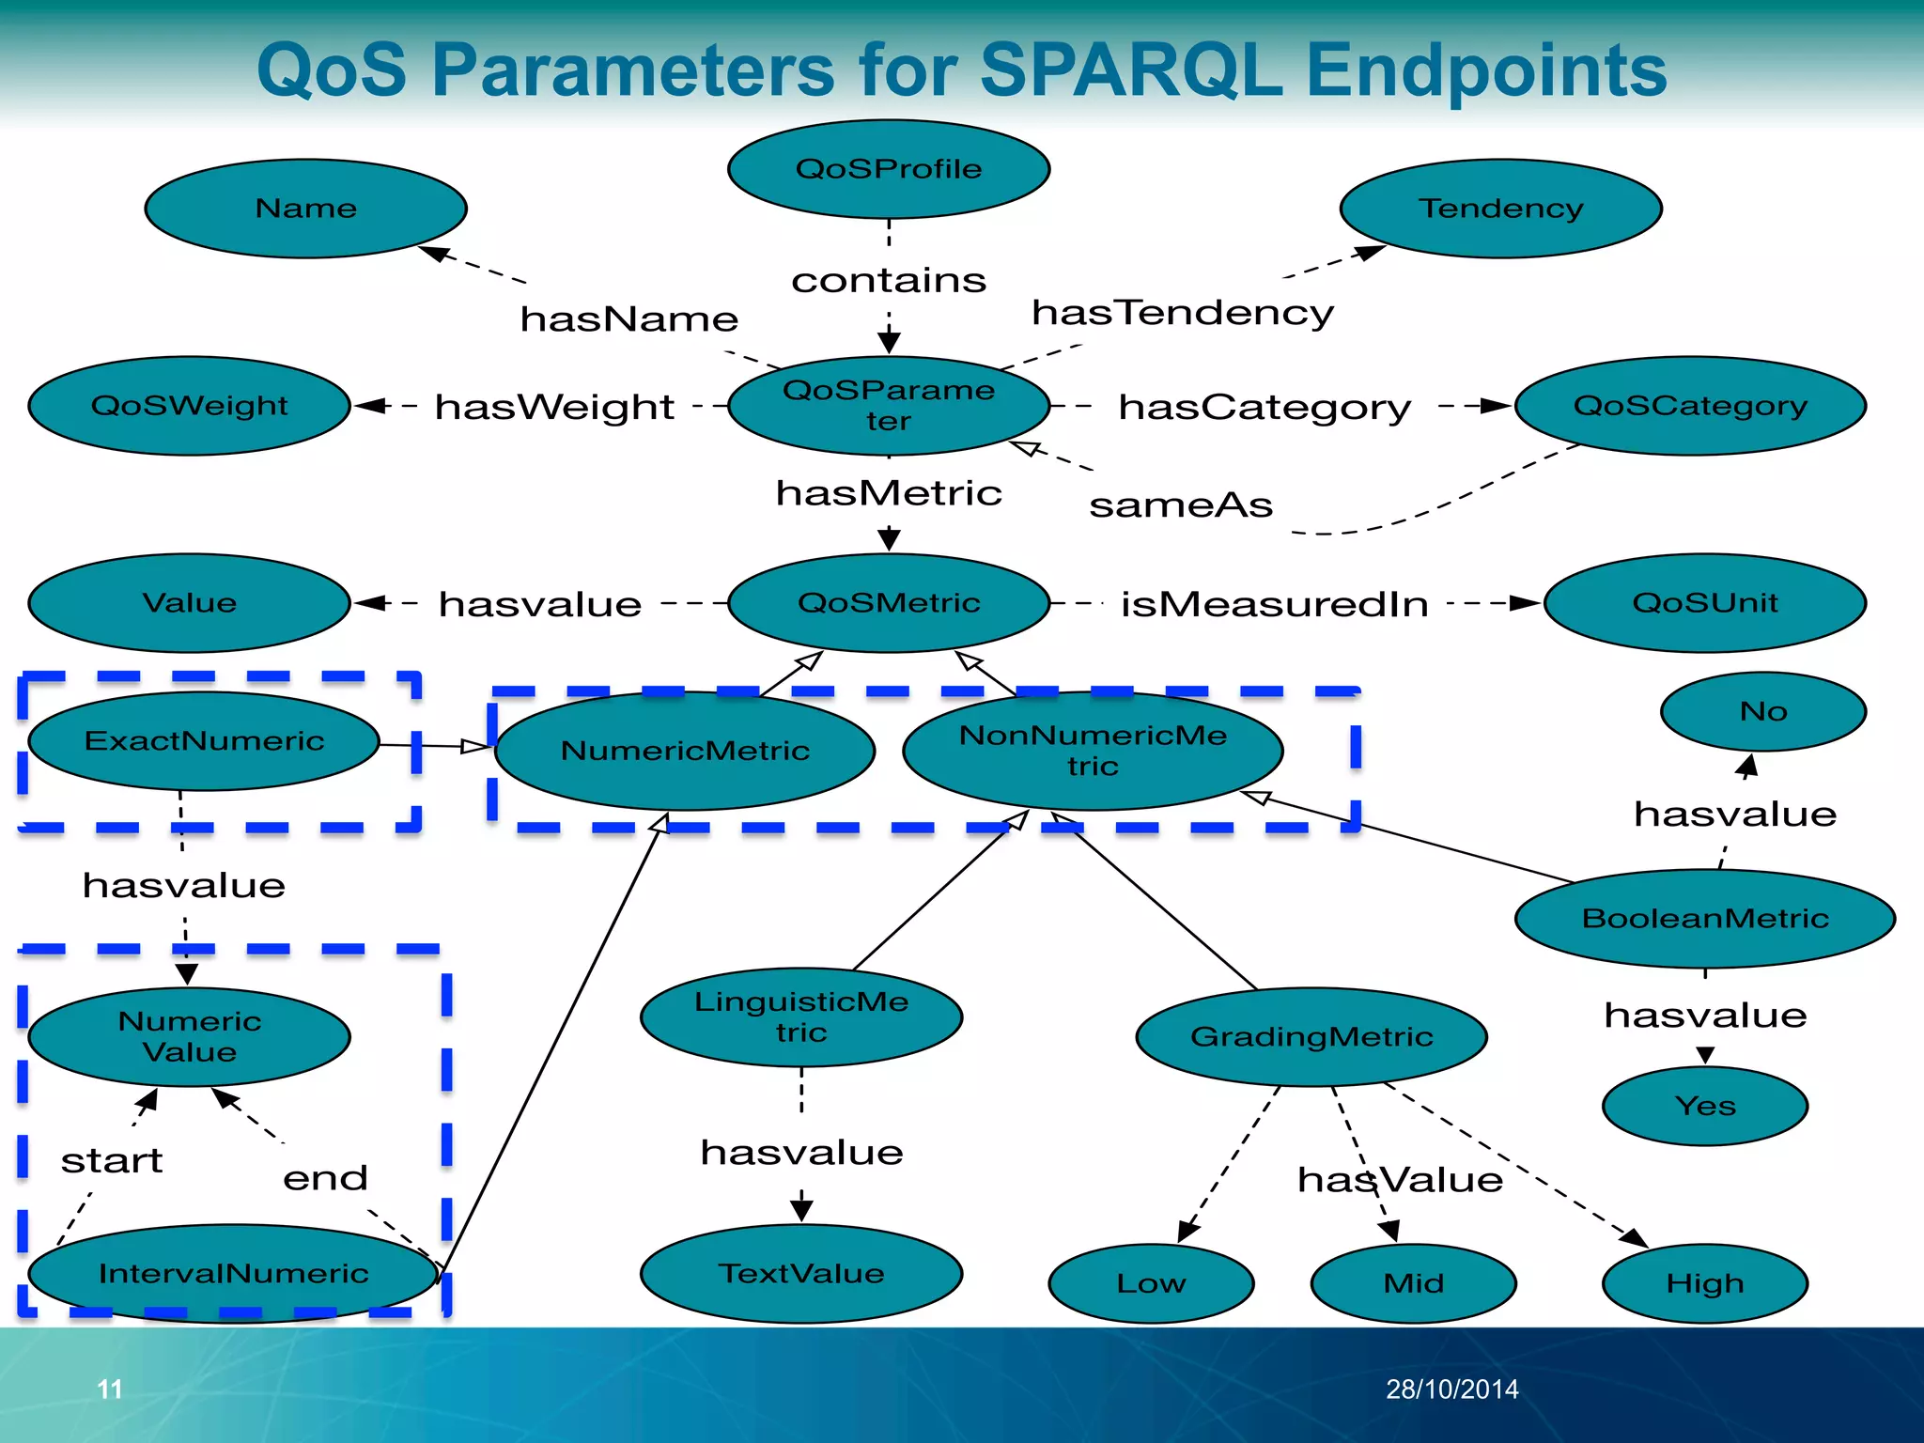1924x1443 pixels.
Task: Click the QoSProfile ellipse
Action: coord(889,169)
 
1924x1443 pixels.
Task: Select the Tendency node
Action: coord(1500,208)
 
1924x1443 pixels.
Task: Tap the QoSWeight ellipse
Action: coord(189,406)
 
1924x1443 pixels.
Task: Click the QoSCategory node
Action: coord(1690,406)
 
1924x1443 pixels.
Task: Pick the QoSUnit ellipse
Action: coord(1705,602)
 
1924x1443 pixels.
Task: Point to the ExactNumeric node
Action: coord(204,741)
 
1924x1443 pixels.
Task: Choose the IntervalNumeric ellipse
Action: coord(233,1273)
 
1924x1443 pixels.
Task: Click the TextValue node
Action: coord(801,1273)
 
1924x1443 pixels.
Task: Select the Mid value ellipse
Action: coord(1413,1283)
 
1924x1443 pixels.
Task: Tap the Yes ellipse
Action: coord(1705,1106)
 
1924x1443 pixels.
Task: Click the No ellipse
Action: coord(1763,711)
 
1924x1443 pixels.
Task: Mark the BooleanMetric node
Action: coord(1705,918)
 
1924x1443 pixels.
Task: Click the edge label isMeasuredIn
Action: coord(1275,604)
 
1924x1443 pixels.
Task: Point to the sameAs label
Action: coord(1181,505)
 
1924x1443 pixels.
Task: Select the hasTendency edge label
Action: coord(1183,312)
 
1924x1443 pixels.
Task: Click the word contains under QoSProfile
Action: coord(889,280)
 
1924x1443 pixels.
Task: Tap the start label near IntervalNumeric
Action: coord(112,1161)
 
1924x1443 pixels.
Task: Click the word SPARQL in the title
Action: coord(1132,70)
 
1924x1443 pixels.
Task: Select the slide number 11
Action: coord(110,1389)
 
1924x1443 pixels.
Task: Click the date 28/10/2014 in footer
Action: coord(1452,1389)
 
